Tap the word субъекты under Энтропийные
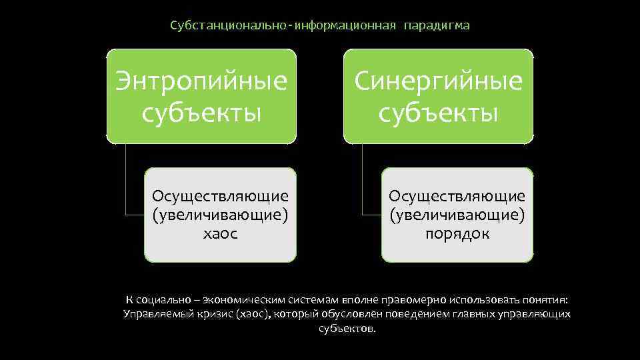click(x=201, y=112)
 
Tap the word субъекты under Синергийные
click(x=438, y=112)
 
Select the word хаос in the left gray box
click(x=220, y=234)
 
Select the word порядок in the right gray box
click(x=457, y=234)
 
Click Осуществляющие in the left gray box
click(x=220, y=196)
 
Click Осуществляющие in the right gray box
click(x=457, y=196)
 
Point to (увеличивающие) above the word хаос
click(x=220, y=215)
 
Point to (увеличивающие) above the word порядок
click(x=457, y=215)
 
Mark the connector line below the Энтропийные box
click(x=126, y=180)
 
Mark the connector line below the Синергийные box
click(x=363, y=180)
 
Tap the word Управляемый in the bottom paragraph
click(x=153, y=314)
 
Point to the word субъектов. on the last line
click(x=347, y=329)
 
